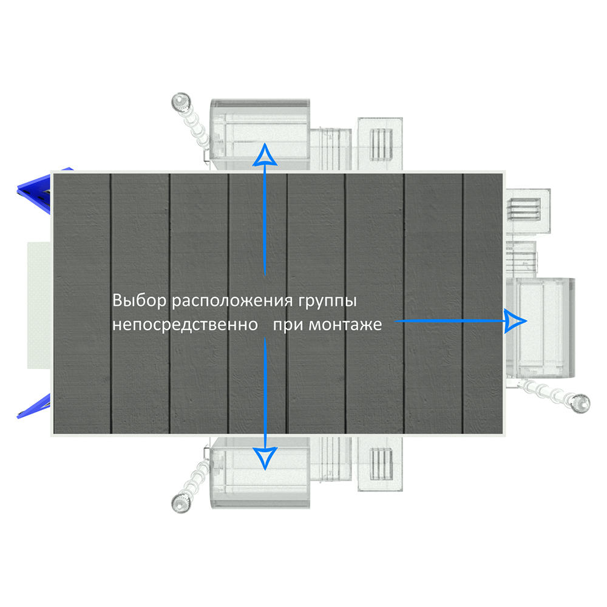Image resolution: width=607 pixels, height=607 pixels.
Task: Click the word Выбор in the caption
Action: pos(140,301)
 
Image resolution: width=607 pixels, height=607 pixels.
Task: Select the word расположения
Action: pos(232,302)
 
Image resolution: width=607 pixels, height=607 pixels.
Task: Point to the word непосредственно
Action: pos(185,325)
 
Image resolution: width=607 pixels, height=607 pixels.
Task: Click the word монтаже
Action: pos(345,325)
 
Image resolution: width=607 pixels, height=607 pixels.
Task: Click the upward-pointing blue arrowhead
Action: pos(265,154)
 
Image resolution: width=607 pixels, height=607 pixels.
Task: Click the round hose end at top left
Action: pos(181,102)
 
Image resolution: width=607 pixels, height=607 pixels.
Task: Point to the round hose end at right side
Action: pos(580,404)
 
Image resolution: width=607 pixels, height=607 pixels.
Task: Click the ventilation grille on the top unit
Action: pos(381,144)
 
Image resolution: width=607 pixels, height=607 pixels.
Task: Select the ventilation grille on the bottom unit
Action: pos(381,464)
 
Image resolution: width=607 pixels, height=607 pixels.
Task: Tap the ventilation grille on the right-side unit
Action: pos(524,209)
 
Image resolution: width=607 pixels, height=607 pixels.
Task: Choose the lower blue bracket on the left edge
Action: pos(34,406)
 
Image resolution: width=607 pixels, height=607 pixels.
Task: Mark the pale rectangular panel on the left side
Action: pos(39,305)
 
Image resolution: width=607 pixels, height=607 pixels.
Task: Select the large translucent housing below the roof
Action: pos(260,473)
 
